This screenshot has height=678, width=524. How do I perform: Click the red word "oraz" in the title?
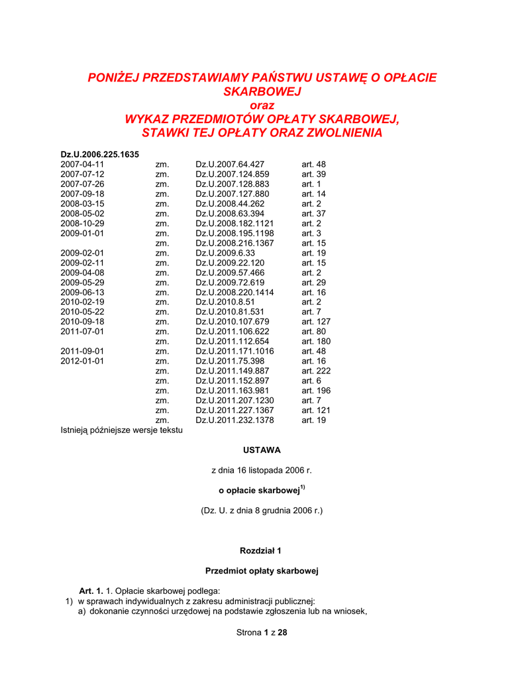[262, 105]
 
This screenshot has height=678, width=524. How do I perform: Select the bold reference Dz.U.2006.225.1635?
[99, 154]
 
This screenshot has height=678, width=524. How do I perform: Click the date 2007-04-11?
[82, 164]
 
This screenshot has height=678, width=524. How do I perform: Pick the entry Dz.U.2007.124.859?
[230, 174]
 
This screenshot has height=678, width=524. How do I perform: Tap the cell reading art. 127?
[316, 322]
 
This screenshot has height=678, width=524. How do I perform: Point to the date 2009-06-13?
[82, 292]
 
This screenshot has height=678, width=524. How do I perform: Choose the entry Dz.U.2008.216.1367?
[235, 243]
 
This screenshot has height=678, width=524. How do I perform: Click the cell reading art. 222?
[316, 371]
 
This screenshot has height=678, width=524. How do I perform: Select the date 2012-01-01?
[82, 361]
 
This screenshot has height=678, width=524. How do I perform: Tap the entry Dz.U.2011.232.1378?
[235, 420]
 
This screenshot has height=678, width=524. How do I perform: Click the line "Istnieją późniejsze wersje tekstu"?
[121, 430]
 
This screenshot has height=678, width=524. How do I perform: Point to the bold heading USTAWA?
[262, 450]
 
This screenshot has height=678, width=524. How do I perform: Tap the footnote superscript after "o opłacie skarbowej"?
[302, 488]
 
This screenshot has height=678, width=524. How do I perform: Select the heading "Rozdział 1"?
[261, 550]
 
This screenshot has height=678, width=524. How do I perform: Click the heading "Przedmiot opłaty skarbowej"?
[262, 570]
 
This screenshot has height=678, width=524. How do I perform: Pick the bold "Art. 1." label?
[91, 591]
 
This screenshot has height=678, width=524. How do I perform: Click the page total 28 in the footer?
[282, 632]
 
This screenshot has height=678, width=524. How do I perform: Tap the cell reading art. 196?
[316, 391]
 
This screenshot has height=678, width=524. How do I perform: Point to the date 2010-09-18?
[82, 322]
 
